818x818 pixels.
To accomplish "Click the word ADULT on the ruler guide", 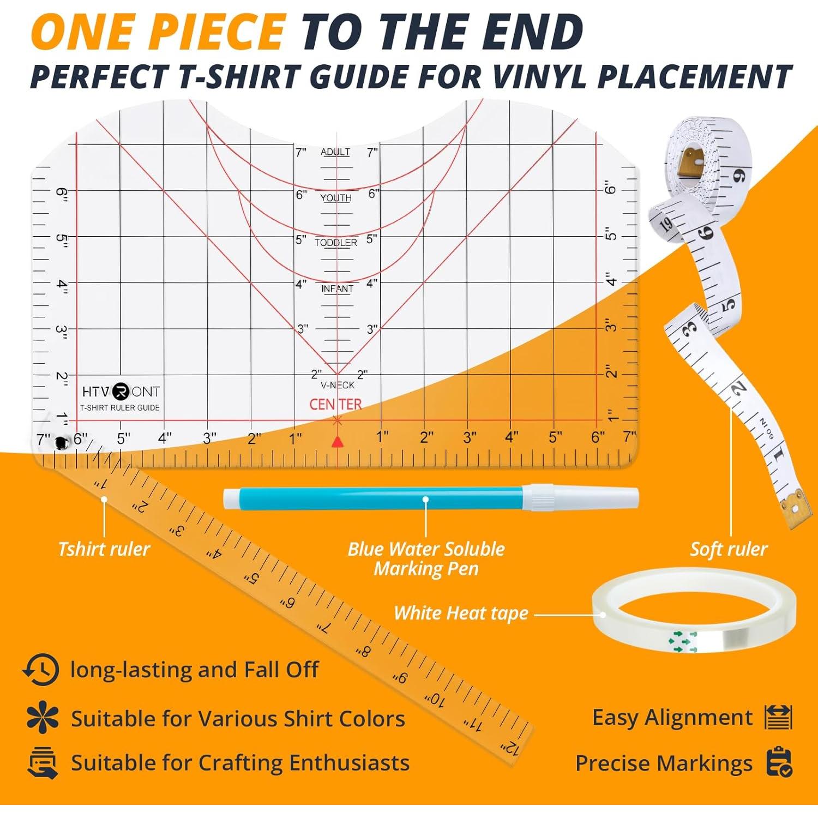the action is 335,152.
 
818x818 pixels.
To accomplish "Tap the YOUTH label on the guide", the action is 335,197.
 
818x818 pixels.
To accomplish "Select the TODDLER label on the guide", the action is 336,243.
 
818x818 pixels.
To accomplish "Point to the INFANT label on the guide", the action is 337,288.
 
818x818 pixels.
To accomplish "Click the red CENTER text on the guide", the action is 335,404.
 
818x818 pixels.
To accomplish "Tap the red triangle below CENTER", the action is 338,442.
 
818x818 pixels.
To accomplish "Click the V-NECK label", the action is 338,385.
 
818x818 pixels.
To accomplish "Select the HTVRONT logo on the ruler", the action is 121,392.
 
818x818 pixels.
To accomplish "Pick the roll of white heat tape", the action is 694,611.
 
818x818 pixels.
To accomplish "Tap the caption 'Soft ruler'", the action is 729,549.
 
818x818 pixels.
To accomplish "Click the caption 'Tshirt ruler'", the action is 104,549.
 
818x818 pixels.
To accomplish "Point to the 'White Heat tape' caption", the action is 461,613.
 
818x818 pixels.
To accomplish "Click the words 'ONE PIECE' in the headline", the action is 159,32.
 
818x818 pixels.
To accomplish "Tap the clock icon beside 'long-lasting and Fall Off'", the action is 40,669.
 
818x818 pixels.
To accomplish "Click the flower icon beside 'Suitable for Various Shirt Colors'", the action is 42,718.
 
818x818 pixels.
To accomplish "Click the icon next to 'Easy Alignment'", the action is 778,717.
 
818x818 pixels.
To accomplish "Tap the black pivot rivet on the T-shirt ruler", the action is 60,443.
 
